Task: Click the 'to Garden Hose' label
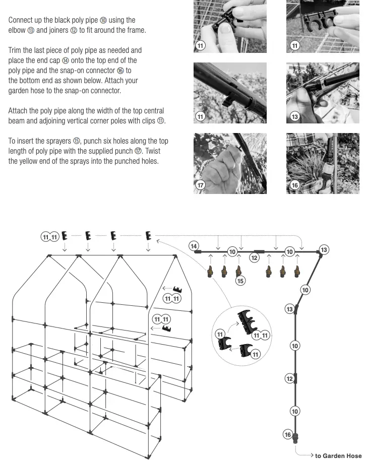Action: (338, 455)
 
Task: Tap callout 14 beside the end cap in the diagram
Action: (194, 246)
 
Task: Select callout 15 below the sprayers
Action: (240, 281)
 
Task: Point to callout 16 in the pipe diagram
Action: (288, 434)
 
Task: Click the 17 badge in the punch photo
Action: (201, 185)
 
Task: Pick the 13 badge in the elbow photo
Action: (295, 117)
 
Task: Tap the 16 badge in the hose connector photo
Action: (295, 185)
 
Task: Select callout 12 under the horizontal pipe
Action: (254, 258)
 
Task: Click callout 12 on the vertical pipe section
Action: (289, 379)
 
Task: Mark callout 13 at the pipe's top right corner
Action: (324, 250)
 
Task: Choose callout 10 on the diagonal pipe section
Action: (305, 289)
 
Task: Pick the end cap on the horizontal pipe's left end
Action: (199, 251)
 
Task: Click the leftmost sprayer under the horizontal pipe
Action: (210, 273)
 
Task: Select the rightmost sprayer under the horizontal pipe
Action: (297, 273)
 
